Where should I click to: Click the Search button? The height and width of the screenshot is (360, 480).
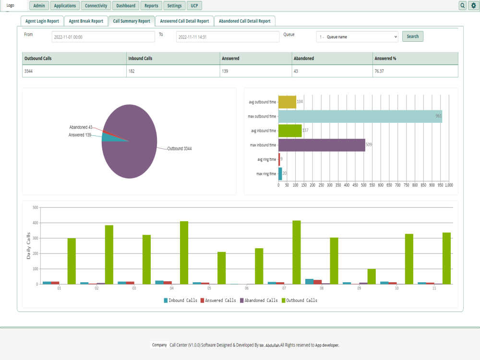tap(412, 36)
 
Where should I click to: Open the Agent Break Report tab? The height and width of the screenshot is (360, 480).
tap(86, 21)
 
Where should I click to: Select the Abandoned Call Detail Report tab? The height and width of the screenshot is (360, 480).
tap(244, 21)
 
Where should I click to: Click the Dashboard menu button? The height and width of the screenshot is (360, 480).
tap(126, 6)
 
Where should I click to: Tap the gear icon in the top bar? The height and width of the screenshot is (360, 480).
tap(473, 6)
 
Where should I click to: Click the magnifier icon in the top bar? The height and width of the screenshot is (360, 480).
tap(463, 6)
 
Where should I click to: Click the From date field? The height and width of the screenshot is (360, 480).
tap(103, 37)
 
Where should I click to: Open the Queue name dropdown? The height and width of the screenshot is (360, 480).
tap(357, 37)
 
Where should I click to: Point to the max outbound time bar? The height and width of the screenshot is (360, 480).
tap(360, 116)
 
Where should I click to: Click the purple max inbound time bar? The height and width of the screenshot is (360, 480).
tap(322, 145)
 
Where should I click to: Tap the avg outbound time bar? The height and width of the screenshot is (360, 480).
tap(287, 102)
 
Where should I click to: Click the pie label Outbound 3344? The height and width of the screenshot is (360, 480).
tap(180, 149)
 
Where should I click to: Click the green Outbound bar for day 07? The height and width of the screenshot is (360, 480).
tap(297, 252)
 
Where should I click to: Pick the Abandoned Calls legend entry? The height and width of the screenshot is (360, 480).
tap(259, 300)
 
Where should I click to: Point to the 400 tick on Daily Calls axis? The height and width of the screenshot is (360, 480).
tap(35, 223)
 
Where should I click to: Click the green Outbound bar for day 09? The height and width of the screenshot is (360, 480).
tap(372, 276)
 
